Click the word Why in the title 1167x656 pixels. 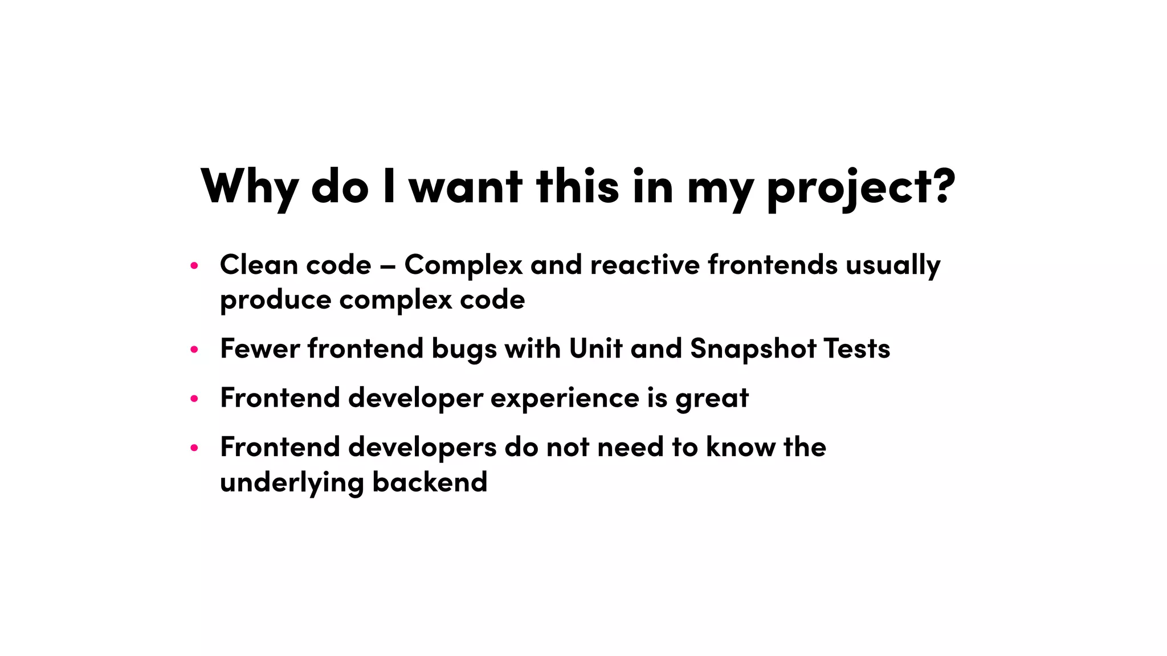pos(249,186)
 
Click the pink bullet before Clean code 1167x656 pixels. pos(194,265)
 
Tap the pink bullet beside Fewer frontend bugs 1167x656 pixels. pos(194,349)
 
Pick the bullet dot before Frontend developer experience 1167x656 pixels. pos(194,399)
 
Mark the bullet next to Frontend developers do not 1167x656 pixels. pos(194,448)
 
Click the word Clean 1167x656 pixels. pos(259,265)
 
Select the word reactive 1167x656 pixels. pos(644,265)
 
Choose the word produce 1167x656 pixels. pos(275,300)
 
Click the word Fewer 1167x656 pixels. pos(260,348)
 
